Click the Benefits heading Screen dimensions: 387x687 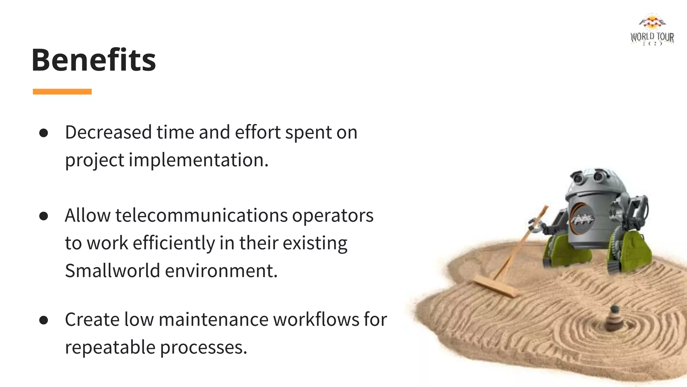(x=94, y=60)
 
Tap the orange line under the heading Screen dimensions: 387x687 (x=62, y=92)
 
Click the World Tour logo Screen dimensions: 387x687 (x=652, y=30)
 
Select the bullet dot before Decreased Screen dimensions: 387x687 (x=44, y=133)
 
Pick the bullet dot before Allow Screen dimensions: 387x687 (x=44, y=216)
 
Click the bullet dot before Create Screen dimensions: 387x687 (x=44, y=320)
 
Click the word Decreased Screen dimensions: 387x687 (x=108, y=132)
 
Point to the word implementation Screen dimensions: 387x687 (x=198, y=160)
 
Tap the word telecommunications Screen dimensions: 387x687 (x=201, y=215)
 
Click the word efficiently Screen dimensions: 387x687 (x=174, y=243)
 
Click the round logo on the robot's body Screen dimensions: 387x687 (x=583, y=219)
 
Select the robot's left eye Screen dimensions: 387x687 (x=578, y=178)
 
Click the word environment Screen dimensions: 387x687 (x=221, y=271)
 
